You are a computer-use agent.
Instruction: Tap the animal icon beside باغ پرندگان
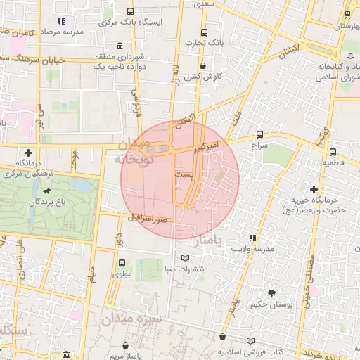pyautogui.click(x=46, y=191)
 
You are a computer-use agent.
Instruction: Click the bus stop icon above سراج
pyautogui.click(x=260, y=134)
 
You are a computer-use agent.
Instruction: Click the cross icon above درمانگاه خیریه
pyautogui.click(x=314, y=188)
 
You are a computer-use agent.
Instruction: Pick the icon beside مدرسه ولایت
pyautogui.click(x=252, y=238)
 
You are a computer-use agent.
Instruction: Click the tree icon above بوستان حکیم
pyautogui.click(x=271, y=292)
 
